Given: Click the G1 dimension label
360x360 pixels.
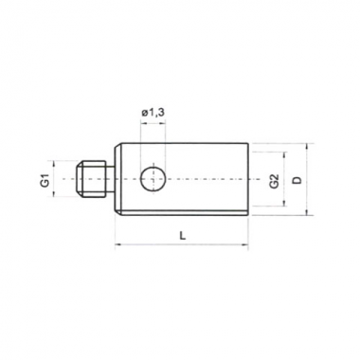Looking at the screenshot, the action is (45, 179).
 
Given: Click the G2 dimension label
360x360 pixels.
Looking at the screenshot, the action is (275, 181).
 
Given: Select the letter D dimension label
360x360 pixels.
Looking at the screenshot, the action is (297, 180).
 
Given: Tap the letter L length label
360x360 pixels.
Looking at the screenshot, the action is (182, 235).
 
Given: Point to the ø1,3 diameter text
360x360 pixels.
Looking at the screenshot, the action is (153, 113).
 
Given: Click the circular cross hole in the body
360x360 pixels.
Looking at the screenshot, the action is (153, 179).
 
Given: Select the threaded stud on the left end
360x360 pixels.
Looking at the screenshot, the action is (91, 179).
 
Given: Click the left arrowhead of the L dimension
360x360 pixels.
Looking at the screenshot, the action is (117, 244).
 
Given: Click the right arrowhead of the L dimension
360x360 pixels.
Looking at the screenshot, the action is (245, 244).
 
